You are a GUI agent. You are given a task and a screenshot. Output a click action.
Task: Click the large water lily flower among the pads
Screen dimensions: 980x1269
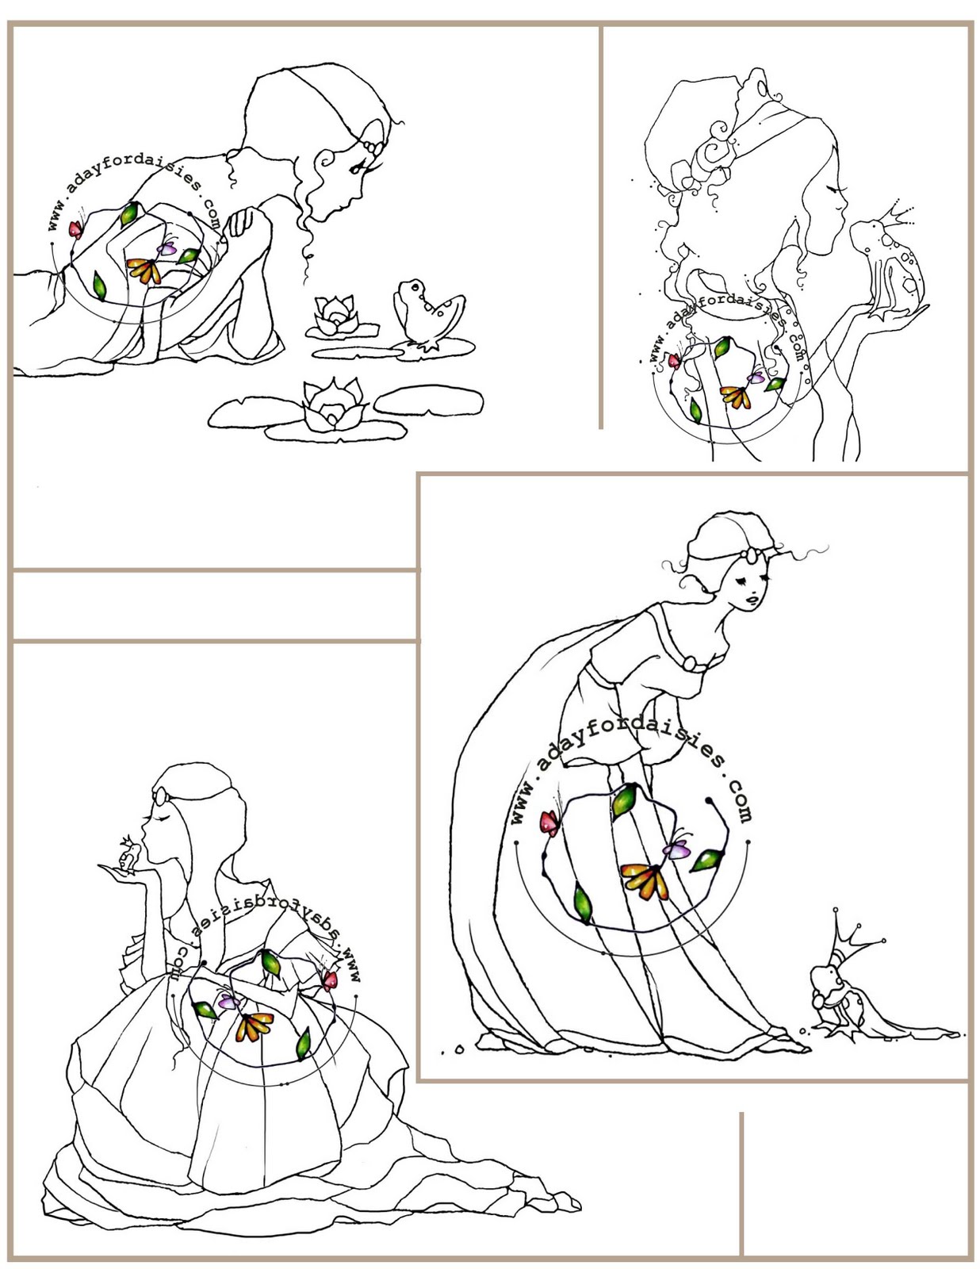[x=333, y=405]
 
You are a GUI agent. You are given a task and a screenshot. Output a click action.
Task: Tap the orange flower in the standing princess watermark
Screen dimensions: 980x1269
[x=643, y=880]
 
